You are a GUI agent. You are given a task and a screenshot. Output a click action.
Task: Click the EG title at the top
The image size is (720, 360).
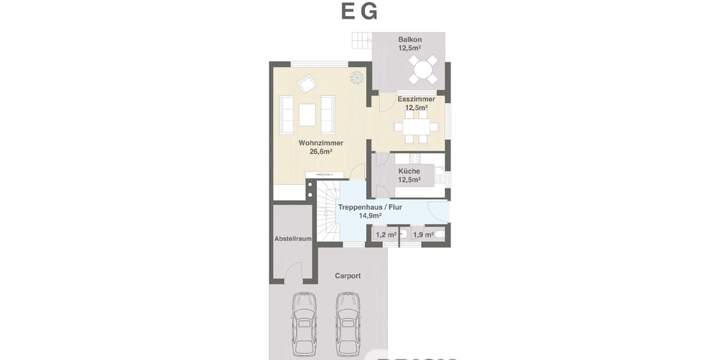(359, 12)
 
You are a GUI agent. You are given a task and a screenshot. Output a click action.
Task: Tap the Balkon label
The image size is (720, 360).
(410, 40)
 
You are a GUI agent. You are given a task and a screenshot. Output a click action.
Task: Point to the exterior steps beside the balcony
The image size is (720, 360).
(362, 41)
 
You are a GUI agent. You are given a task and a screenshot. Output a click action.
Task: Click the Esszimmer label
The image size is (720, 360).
(416, 99)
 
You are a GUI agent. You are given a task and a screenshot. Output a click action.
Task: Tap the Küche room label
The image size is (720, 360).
(409, 171)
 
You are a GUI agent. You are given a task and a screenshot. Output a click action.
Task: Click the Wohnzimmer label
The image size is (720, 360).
(320, 143)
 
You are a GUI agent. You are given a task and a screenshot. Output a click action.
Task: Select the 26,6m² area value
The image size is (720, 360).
(320, 152)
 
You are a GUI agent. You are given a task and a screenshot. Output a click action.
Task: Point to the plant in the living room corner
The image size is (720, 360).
(357, 76)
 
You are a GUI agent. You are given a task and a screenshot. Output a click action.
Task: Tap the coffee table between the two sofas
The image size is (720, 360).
(307, 115)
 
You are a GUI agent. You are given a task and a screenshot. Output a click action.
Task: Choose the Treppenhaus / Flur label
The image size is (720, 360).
(370, 207)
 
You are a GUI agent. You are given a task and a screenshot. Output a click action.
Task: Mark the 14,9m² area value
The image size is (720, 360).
(370, 215)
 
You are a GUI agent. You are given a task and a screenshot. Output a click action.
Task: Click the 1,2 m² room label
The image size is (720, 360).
(385, 235)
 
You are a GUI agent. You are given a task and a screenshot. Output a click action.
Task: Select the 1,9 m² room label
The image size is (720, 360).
(423, 235)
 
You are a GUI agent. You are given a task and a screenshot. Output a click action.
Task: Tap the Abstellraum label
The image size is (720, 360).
(293, 238)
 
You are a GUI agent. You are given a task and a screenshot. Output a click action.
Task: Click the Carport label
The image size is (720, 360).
(347, 276)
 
